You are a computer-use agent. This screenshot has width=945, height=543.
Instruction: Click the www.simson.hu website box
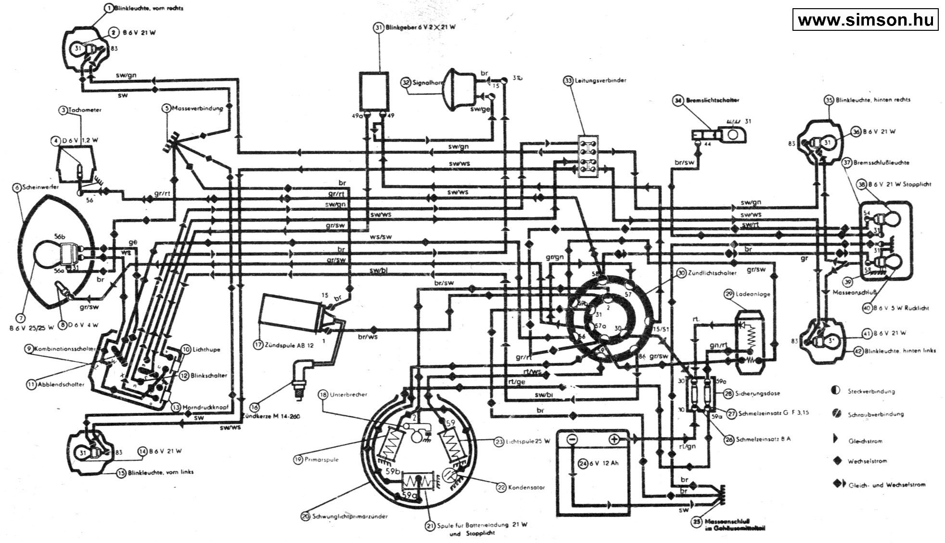click(865, 20)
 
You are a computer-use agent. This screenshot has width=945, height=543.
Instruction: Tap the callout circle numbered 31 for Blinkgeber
click(378, 28)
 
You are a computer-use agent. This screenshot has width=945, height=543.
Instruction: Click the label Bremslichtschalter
click(710, 100)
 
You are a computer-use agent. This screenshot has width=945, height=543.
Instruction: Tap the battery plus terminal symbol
click(613, 439)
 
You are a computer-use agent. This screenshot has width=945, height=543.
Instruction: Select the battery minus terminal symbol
click(572, 439)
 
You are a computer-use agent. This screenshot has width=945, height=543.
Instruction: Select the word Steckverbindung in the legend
click(871, 391)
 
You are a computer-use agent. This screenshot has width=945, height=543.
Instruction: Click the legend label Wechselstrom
click(867, 461)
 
